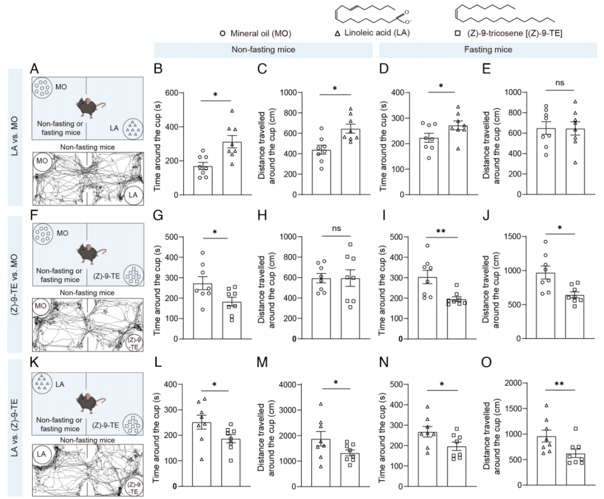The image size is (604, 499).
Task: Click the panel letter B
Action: tap(159, 69)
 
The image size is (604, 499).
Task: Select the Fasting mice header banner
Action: tap(488, 50)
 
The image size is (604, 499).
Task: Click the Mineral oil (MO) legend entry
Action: tap(262, 33)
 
